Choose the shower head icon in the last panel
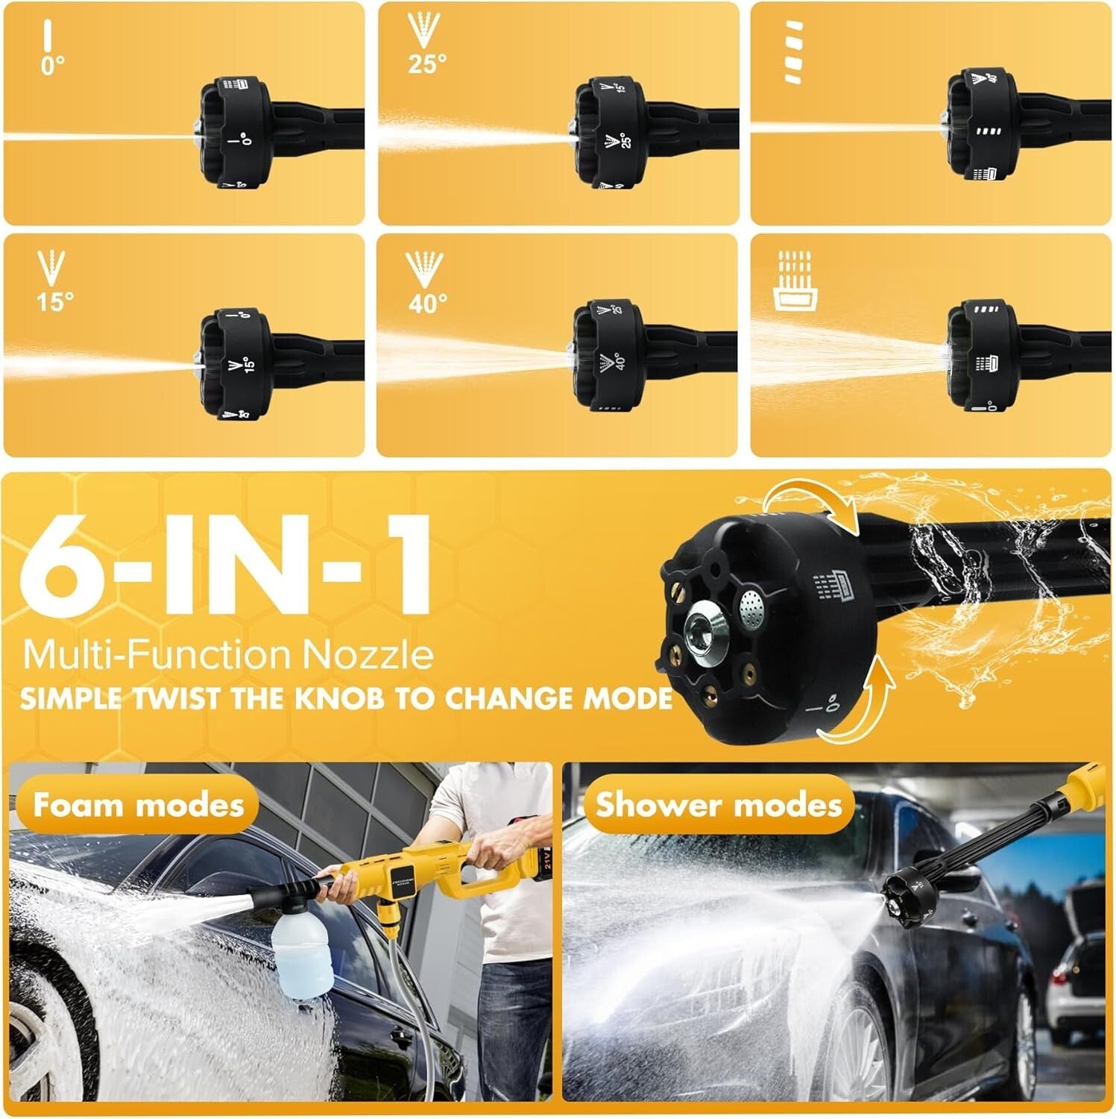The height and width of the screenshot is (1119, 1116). pyautogui.click(x=795, y=280)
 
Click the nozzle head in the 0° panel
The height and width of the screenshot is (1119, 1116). pyautogui.click(x=234, y=133)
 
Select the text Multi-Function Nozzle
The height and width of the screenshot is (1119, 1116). pyautogui.click(x=228, y=654)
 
